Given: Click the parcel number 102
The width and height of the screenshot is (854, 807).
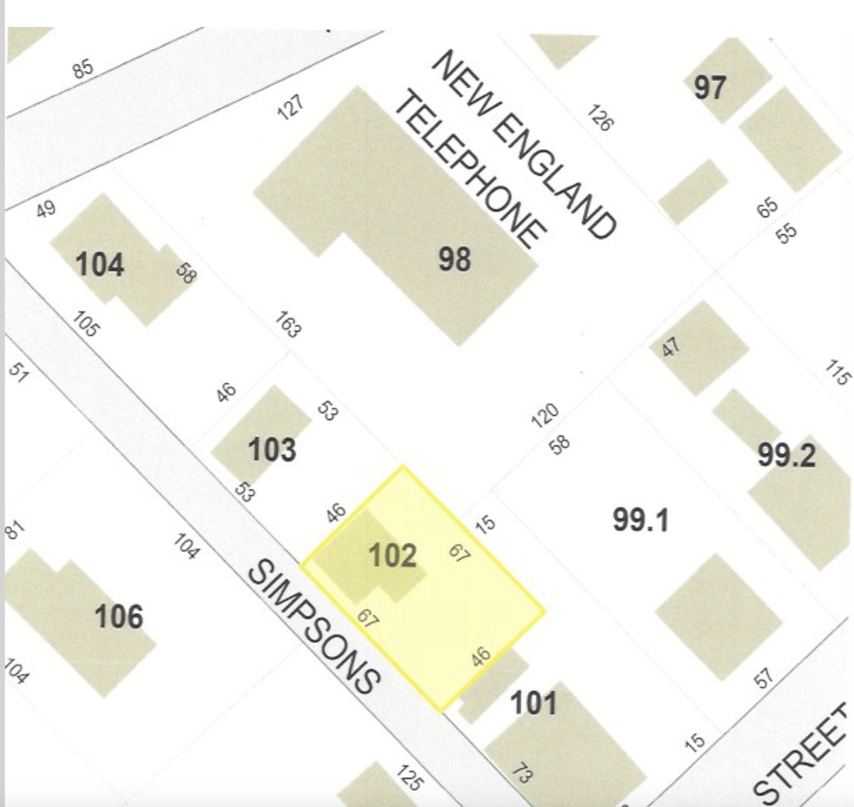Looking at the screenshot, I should coord(392,556).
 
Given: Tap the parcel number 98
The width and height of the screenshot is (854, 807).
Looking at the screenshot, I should coord(454,259).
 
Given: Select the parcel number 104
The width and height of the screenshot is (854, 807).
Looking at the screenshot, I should coord(100,265).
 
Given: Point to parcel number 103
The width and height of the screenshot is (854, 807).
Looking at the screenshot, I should coord(272,450).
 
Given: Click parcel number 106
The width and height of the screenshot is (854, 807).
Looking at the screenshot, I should coord(119,616).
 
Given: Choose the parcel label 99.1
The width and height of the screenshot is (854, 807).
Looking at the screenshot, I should coord(640,520).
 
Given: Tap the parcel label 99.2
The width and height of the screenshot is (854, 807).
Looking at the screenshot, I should coord(786,455).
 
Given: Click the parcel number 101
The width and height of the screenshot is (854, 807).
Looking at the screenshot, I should coord(533,703).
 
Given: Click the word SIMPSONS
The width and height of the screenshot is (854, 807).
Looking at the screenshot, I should coord(314,628).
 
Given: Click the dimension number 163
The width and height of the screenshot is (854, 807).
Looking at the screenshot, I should coord(288,325).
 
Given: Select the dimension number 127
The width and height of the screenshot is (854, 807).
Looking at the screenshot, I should coord(290,107).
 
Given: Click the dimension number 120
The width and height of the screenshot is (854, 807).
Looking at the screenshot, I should coord(545,415).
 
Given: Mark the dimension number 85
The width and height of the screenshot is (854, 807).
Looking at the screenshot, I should coord(82,69).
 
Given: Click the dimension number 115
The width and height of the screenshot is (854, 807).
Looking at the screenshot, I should coord(837,373).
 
